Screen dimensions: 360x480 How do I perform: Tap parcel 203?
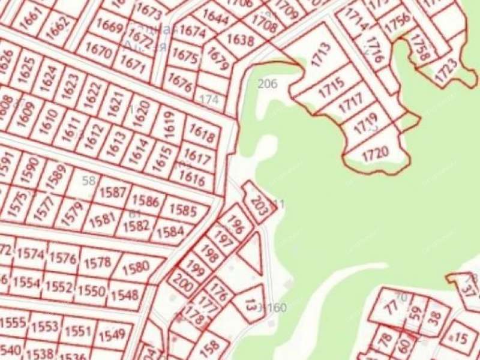pyautogui.click(x=259, y=203)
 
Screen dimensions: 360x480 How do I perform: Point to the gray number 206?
pyautogui.click(x=267, y=84)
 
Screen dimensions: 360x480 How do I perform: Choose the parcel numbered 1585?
pyautogui.click(x=183, y=211)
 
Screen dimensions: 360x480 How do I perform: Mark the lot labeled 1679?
pyautogui.click(x=218, y=59)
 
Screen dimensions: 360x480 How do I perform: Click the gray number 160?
pyautogui.click(x=277, y=308)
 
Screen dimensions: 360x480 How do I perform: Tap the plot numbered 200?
pyautogui.click(x=182, y=283)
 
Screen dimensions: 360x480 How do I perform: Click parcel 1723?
pyautogui.click(x=446, y=71)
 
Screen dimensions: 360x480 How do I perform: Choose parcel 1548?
pyautogui.click(x=124, y=295)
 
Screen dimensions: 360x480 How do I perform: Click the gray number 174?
pyautogui.click(x=209, y=99)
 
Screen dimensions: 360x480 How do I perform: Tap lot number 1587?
pyautogui.click(x=112, y=193)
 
